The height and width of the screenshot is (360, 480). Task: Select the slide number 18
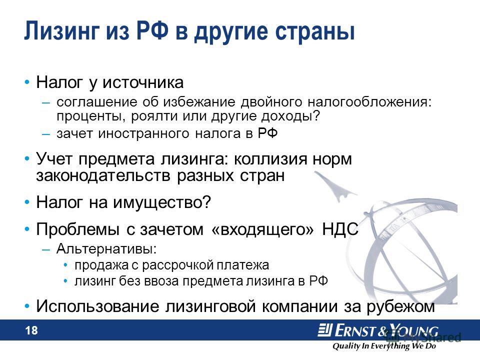coord(31,330)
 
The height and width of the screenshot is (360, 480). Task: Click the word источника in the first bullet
coord(143,82)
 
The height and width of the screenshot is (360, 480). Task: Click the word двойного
coord(271,102)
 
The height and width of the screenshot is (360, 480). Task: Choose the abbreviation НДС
coord(340,229)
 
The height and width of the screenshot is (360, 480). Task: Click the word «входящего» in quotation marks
coord(262,229)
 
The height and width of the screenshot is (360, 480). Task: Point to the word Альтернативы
coord(106,248)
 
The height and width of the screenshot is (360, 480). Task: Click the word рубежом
coord(400,306)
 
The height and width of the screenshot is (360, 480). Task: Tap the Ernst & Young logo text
coord(378,330)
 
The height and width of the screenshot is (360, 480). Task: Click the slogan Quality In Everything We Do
coord(384,346)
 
